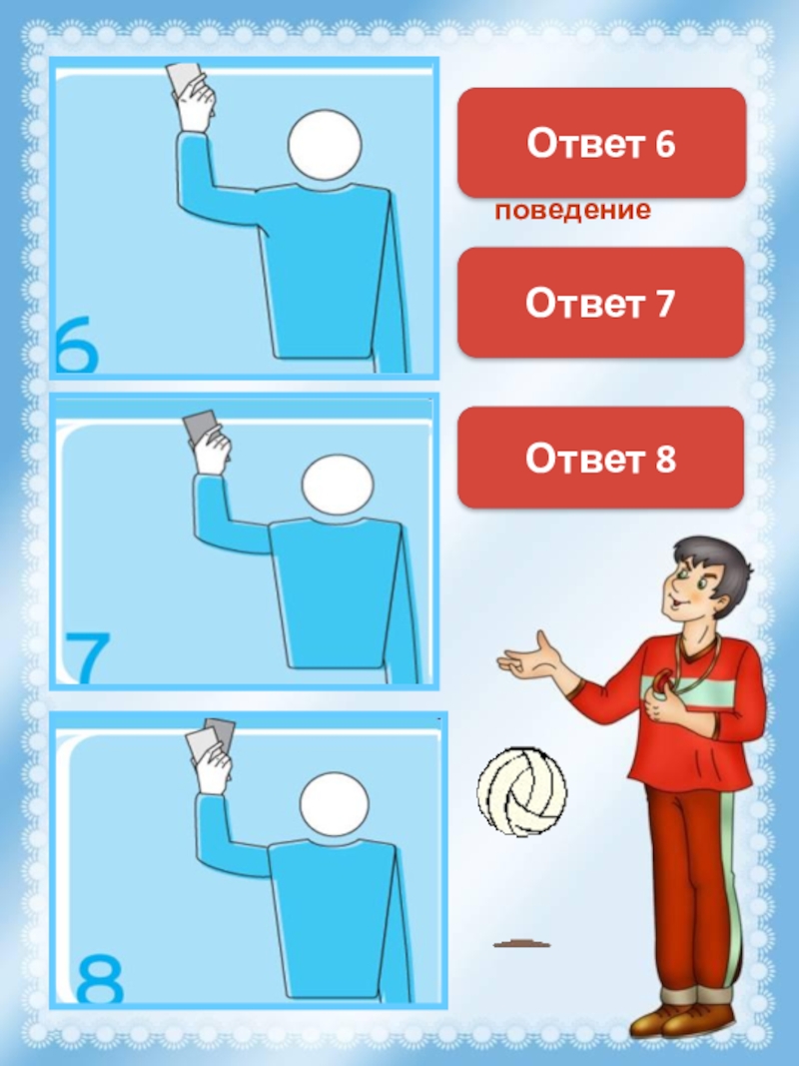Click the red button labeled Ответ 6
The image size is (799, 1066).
tap(601, 143)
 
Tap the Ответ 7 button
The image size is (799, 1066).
tap(600, 303)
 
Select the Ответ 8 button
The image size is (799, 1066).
tap(600, 458)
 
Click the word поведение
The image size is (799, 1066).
tap(572, 211)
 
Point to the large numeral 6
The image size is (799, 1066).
tap(78, 344)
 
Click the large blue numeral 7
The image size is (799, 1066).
tap(88, 658)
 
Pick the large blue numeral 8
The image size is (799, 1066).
tap(99, 978)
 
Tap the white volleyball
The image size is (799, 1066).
tap(521, 792)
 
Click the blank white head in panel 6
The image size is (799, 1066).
tap(324, 145)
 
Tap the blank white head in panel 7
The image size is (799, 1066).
tap(338, 485)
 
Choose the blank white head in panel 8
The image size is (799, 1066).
tap(335, 804)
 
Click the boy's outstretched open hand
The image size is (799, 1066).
tap(530, 656)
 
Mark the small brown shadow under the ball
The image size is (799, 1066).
tap(521, 944)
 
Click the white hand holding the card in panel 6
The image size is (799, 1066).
tap(198, 103)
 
